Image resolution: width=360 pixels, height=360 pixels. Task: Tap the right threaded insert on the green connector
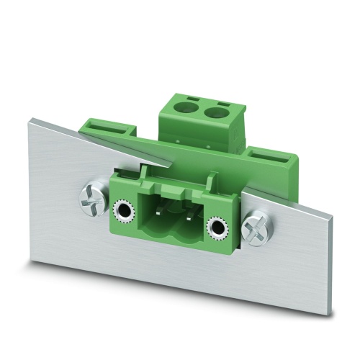(215, 230)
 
